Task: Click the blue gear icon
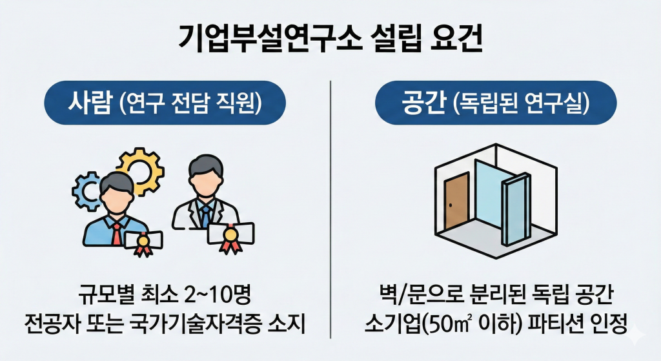point(86,191)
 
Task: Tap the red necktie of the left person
point(116,230)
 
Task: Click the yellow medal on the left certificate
point(144,244)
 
